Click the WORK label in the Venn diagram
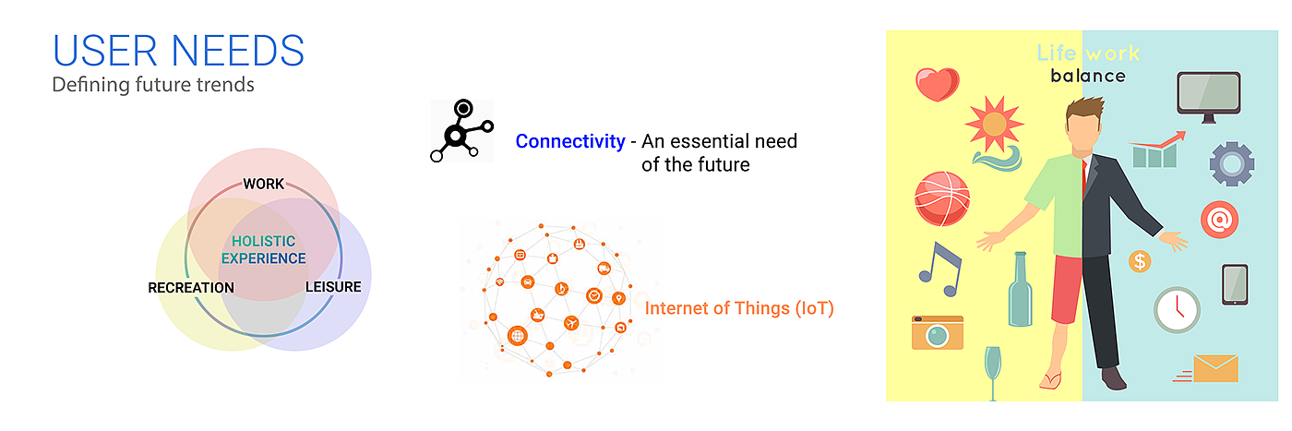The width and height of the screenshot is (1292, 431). click(264, 184)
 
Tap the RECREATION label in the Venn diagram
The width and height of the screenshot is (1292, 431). click(191, 288)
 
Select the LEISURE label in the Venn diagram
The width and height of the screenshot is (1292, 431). click(333, 287)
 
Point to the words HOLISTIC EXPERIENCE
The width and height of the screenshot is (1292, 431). click(263, 250)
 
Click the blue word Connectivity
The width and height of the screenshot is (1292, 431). click(569, 141)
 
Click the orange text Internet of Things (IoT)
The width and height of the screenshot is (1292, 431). click(739, 308)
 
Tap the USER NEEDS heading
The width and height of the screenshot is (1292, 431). click(178, 51)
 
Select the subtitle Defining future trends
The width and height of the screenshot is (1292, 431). click(152, 85)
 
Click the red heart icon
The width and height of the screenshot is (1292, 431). click(937, 84)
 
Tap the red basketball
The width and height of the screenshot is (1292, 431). click(940, 198)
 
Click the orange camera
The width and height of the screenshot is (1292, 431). click(937, 332)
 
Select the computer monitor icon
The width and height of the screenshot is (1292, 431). click(1208, 95)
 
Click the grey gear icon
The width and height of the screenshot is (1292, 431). click(1231, 164)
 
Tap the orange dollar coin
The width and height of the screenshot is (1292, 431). click(1140, 262)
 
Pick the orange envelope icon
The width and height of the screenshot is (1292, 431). click(1214, 368)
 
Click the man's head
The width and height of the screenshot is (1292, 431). click(1088, 121)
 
